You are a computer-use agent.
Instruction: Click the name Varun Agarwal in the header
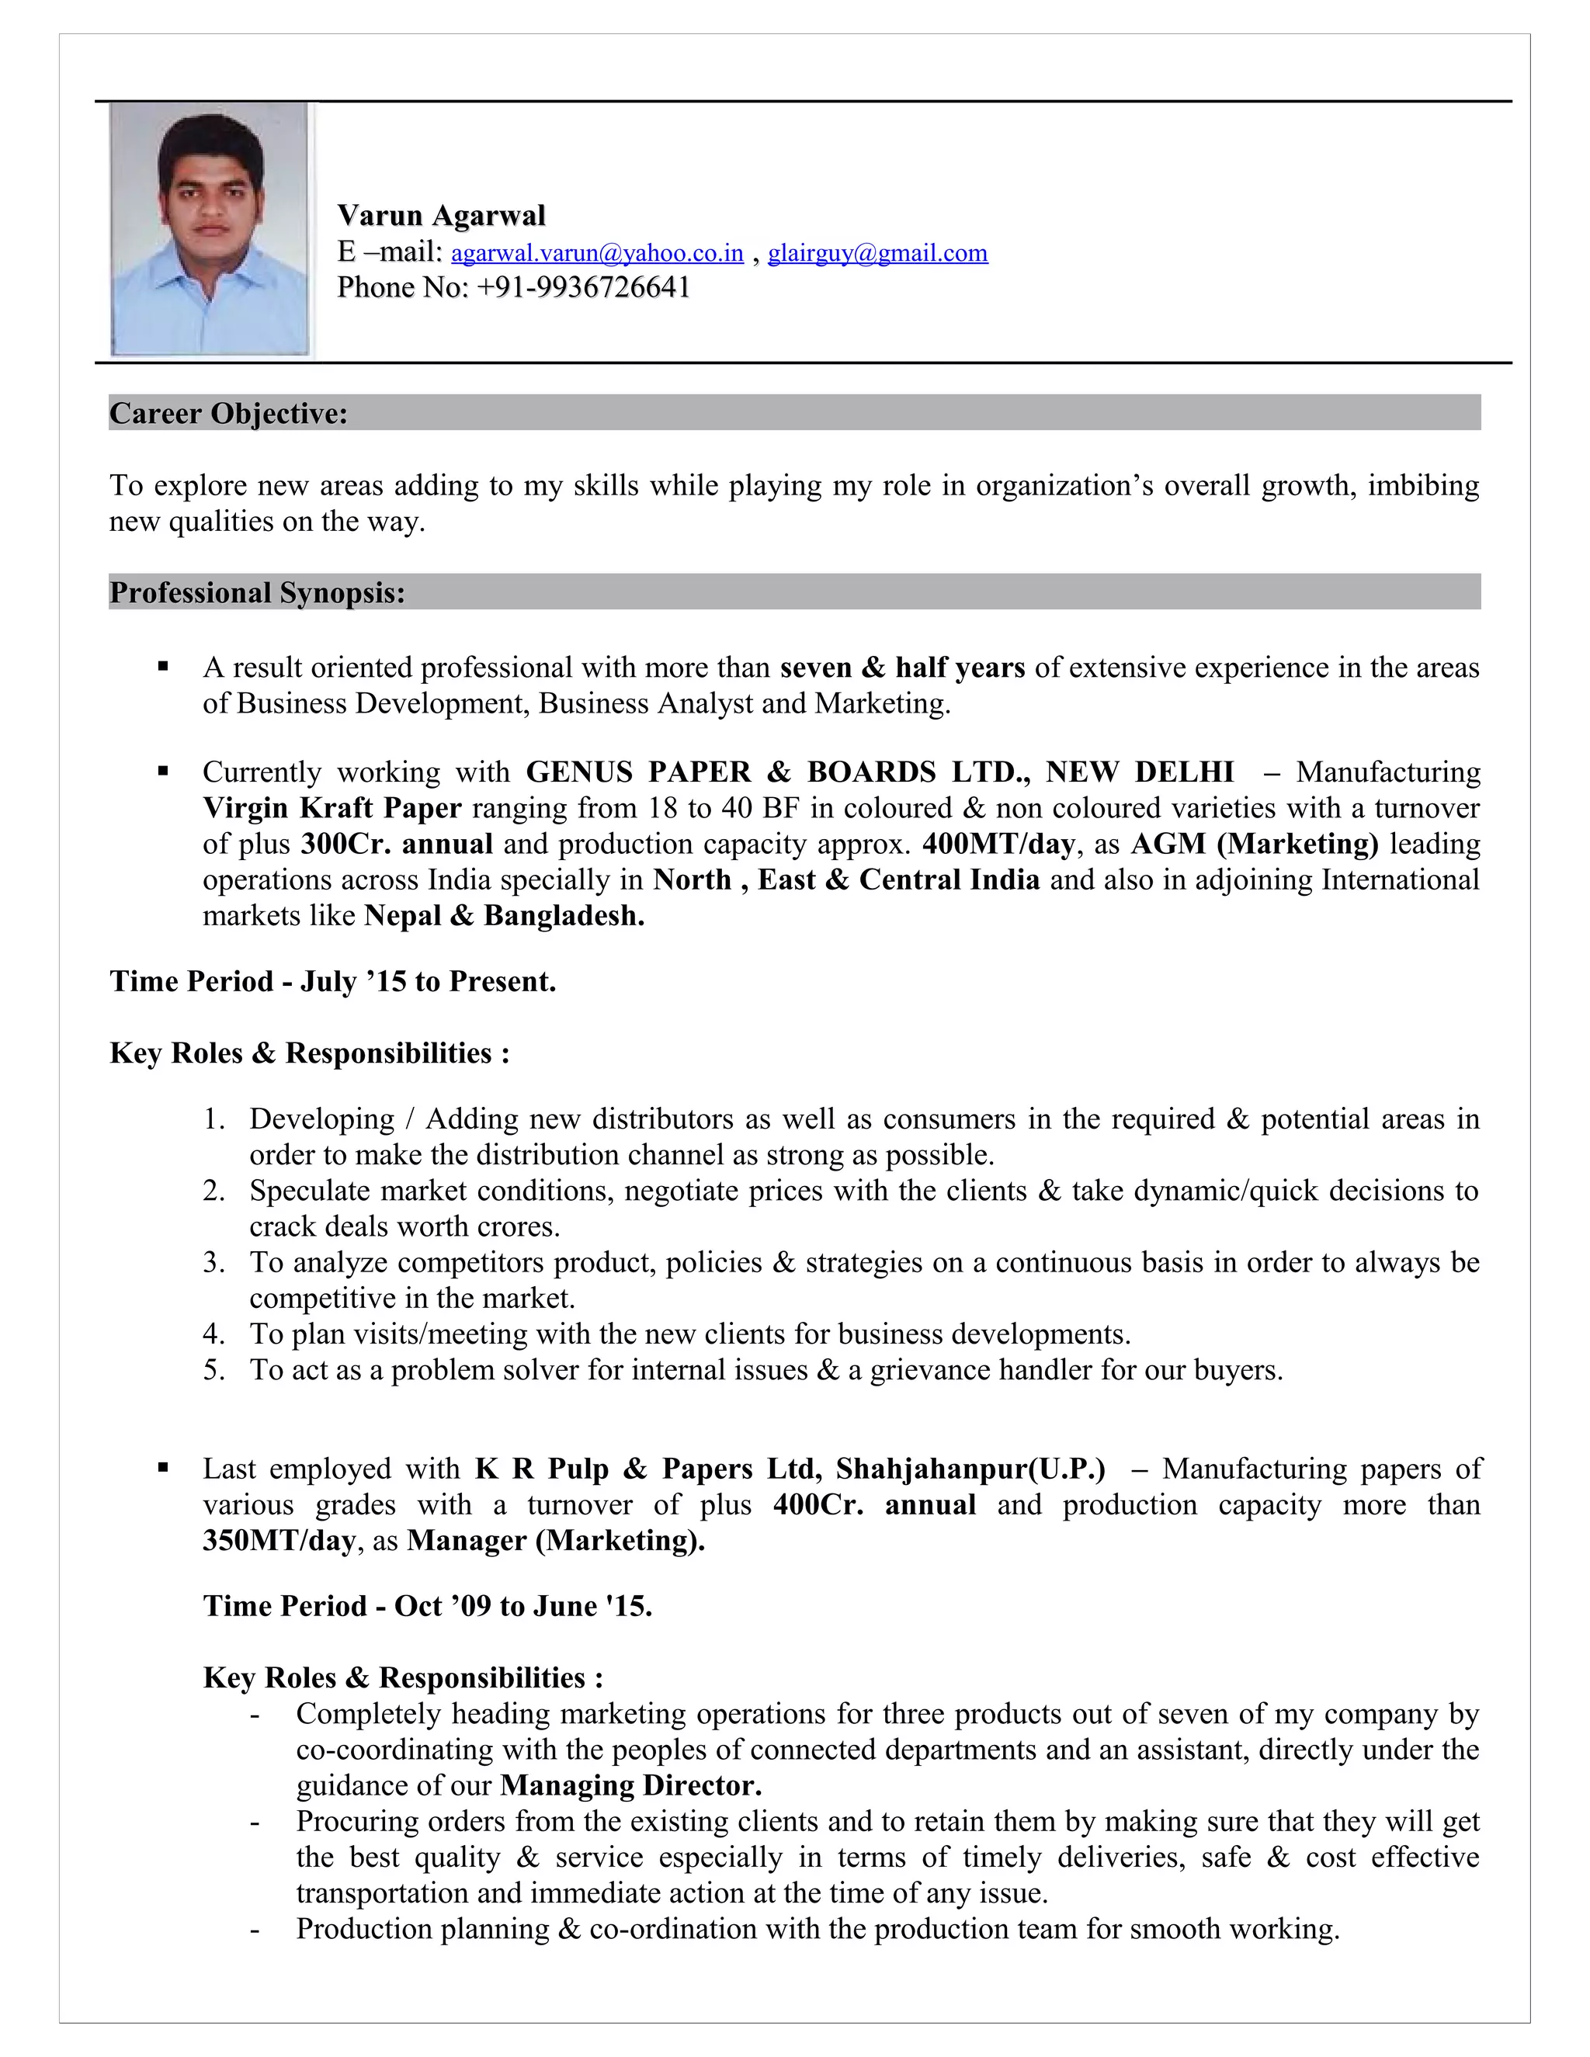tap(441, 216)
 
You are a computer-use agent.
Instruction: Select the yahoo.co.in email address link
tap(597, 253)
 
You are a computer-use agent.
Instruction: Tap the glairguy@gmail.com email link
tap(877, 253)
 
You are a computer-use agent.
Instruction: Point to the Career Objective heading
tap(228, 414)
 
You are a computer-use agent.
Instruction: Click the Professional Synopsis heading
tap(257, 592)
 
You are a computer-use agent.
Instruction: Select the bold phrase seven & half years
tap(901, 668)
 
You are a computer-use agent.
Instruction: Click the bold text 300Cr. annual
tap(397, 844)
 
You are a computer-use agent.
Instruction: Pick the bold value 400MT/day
tap(998, 844)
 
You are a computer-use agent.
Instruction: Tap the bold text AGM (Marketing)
tap(1254, 844)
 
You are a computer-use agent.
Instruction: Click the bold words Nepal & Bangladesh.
tap(504, 915)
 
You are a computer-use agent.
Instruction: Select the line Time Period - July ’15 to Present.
tap(332, 981)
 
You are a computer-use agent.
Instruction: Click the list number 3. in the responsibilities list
tap(214, 1263)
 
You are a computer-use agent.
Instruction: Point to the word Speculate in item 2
tap(310, 1192)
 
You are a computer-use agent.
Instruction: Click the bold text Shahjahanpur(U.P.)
tap(970, 1469)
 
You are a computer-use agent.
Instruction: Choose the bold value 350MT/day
tap(279, 1541)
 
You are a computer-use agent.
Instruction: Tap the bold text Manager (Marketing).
tap(556, 1541)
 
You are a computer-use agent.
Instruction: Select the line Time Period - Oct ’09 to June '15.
tap(428, 1606)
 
